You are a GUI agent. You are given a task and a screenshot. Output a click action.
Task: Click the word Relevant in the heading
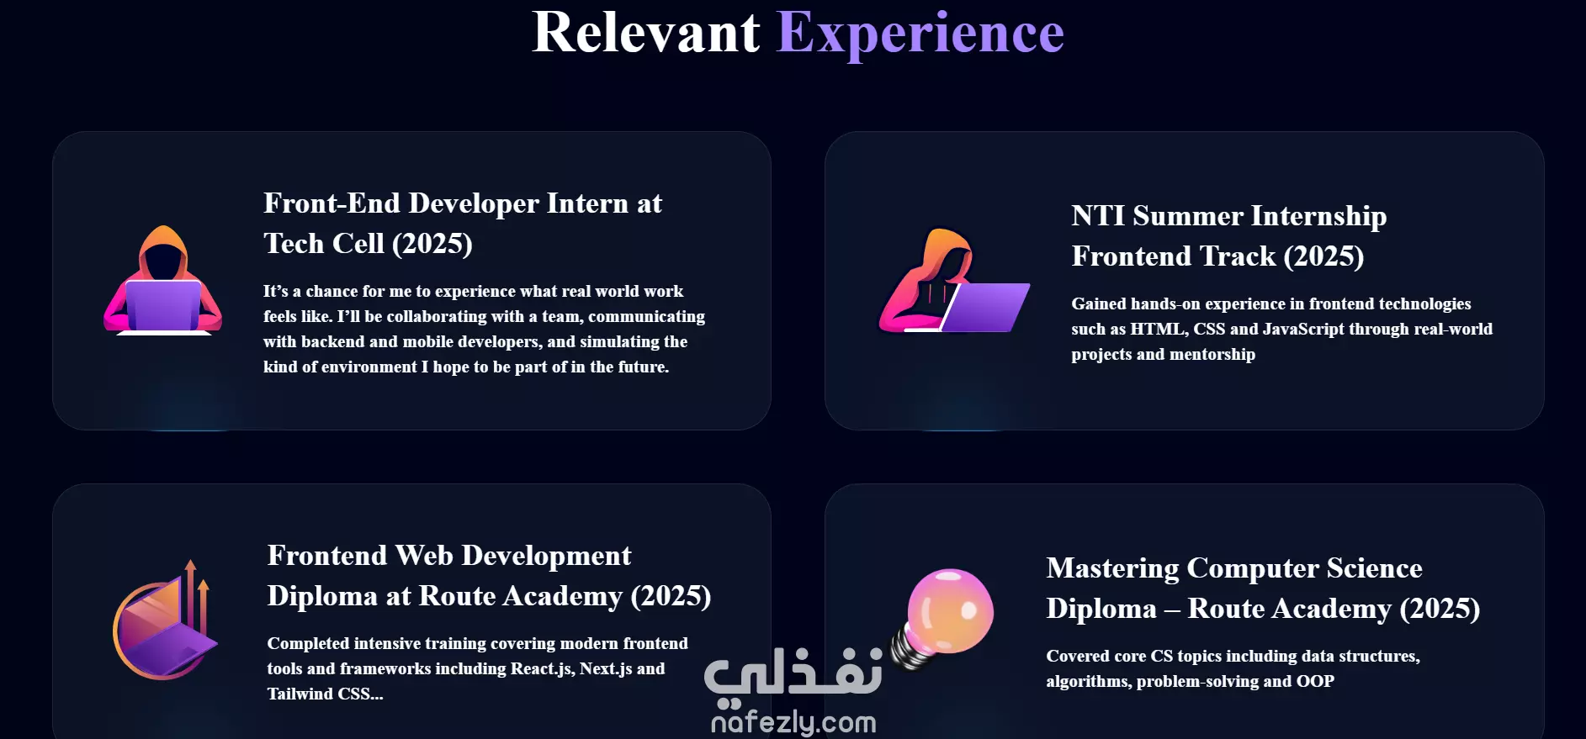[x=646, y=33]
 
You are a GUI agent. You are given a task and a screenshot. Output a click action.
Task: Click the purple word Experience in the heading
[x=920, y=35]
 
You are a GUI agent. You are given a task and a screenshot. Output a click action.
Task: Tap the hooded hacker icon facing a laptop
[x=162, y=280]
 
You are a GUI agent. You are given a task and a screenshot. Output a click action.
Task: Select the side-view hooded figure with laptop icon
[x=954, y=281]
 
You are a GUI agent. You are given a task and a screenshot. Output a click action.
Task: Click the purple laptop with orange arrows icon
[x=165, y=620]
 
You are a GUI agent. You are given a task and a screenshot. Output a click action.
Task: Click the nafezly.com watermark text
[x=793, y=722]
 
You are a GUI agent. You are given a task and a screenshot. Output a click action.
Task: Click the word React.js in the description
[x=543, y=669]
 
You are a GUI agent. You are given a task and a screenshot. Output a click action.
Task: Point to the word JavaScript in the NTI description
[x=1303, y=330]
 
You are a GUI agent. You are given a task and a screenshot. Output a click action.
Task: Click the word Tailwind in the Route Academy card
[x=300, y=694]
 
